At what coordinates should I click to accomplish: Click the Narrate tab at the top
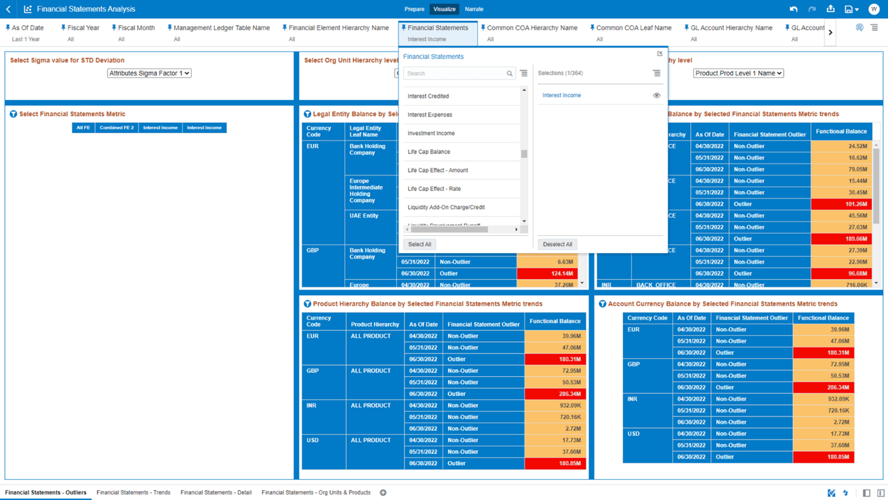pos(474,9)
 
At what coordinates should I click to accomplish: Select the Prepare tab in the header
pos(414,9)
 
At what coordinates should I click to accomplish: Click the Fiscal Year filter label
pos(83,28)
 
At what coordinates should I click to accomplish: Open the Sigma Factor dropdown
pos(149,73)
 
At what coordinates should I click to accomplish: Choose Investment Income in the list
pos(431,133)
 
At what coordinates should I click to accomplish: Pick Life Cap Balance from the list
pos(429,151)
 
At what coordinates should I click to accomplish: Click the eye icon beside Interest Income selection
pos(656,95)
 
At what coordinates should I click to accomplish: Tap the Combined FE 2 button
pos(117,128)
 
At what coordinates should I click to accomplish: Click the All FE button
pos(83,128)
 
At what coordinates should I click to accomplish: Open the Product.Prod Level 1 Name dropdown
pos(738,73)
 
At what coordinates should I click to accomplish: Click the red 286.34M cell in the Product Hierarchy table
pos(555,394)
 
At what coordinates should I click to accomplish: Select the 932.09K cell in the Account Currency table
pos(823,399)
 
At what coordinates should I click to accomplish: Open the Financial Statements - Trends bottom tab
pos(133,492)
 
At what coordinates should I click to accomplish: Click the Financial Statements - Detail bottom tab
pos(216,492)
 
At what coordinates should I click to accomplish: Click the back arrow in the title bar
pos(8,9)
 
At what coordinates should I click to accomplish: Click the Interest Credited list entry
pos(428,96)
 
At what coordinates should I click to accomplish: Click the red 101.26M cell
pos(841,204)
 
